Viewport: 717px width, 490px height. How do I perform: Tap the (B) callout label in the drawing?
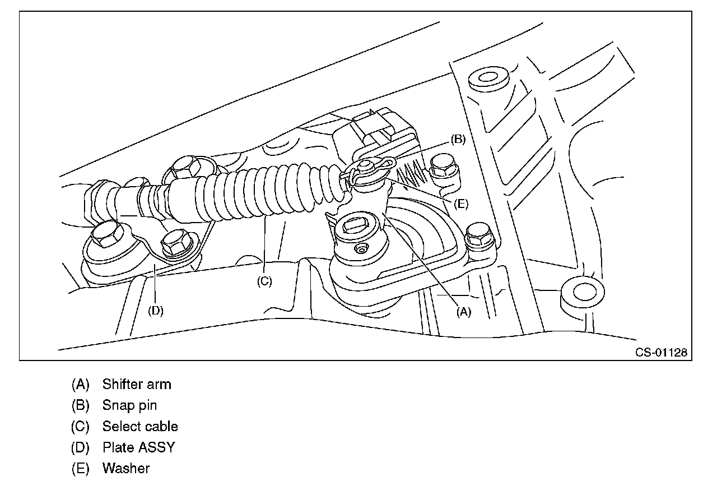(x=458, y=140)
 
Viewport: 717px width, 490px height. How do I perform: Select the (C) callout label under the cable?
(x=264, y=281)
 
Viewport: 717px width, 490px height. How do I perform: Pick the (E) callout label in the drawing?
(x=460, y=204)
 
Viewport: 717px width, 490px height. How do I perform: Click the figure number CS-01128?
(x=661, y=353)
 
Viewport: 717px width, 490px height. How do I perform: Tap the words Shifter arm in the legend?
(x=137, y=385)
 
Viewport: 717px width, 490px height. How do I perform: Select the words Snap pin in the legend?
(x=129, y=405)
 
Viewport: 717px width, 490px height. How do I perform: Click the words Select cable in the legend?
(x=140, y=426)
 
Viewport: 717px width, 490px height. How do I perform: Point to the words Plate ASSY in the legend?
(x=138, y=447)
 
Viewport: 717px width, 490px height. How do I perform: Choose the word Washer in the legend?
(x=126, y=468)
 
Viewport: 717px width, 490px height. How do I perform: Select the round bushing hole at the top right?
(x=485, y=77)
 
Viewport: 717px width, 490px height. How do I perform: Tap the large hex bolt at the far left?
(x=105, y=239)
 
